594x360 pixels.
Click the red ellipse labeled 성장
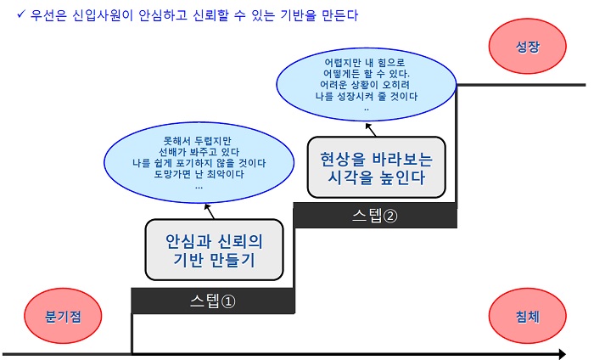point(527,46)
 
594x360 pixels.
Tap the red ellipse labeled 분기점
point(63,316)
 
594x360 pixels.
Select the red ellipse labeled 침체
point(527,316)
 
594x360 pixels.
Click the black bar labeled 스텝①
point(213,301)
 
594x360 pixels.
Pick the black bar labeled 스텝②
point(375,216)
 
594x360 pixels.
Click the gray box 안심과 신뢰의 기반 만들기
point(214,250)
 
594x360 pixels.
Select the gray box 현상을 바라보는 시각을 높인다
point(376,167)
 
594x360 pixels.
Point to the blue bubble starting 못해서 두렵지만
point(199,162)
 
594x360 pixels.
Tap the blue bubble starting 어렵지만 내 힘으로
point(367,84)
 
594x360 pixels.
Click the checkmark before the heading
point(21,14)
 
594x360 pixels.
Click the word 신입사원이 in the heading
point(103,15)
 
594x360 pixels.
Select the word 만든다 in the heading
point(339,15)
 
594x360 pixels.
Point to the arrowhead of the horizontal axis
point(562,354)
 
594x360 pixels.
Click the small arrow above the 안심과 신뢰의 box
point(210,211)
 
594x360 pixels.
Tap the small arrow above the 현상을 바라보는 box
point(371,130)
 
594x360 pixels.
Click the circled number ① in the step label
point(228,301)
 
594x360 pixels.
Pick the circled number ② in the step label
point(390,216)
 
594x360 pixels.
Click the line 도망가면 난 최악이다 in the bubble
point(199,174)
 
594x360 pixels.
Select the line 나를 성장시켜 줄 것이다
point(367,96)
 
